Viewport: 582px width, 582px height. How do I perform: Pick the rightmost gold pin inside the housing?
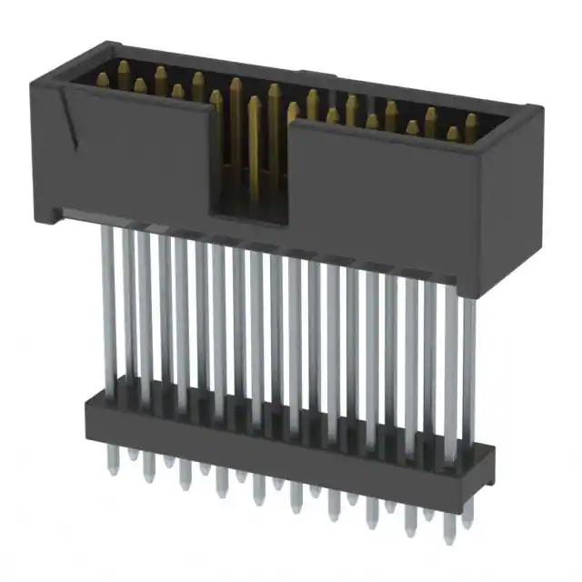coord(471,127)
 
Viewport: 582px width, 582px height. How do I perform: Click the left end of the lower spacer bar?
coord(89,415)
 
